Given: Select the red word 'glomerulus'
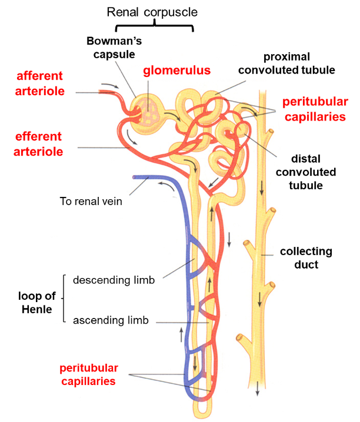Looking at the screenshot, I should point(177,71).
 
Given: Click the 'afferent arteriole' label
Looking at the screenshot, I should point(41,83).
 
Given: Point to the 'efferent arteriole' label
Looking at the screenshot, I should point(39,144).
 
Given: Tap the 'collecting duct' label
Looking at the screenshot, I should point(306,258).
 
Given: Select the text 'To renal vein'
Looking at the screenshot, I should point(91,201).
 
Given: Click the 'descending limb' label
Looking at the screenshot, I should point(114,280).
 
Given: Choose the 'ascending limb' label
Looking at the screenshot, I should point(111,320).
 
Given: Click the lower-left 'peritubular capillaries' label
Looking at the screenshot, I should point(89,374).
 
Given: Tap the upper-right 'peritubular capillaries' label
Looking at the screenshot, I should point(314,109).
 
